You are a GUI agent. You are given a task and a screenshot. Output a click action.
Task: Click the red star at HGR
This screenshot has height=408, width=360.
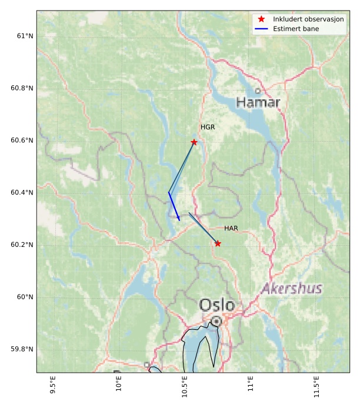tap(194, 142)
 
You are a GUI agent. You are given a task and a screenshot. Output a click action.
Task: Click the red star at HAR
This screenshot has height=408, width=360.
tap(218, 243)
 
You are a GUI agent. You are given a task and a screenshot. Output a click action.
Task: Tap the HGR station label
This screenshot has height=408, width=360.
tap(208, 127)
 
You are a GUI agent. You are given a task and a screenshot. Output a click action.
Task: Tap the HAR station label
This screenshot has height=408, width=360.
tap(231, 228)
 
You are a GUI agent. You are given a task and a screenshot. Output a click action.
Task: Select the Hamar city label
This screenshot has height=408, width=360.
tap(258, 102)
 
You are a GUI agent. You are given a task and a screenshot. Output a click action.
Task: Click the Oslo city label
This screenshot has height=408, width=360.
tap(216, 305)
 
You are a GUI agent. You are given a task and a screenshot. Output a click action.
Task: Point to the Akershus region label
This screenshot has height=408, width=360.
tap(292, 289)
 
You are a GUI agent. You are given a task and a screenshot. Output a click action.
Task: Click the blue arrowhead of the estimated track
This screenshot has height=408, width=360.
tap(178, 219)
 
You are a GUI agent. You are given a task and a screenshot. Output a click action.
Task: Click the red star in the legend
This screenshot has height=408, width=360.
tap(262, 19)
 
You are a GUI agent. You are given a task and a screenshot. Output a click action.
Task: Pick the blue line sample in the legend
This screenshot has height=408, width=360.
tap(262, 28)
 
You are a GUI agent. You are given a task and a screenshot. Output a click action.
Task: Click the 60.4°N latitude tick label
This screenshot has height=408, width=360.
tap(22, 192)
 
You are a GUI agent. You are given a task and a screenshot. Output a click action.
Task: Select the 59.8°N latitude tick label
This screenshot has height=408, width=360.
tap(22, 349)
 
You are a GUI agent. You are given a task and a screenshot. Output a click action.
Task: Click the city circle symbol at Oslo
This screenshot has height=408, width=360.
tap(216, 321)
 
